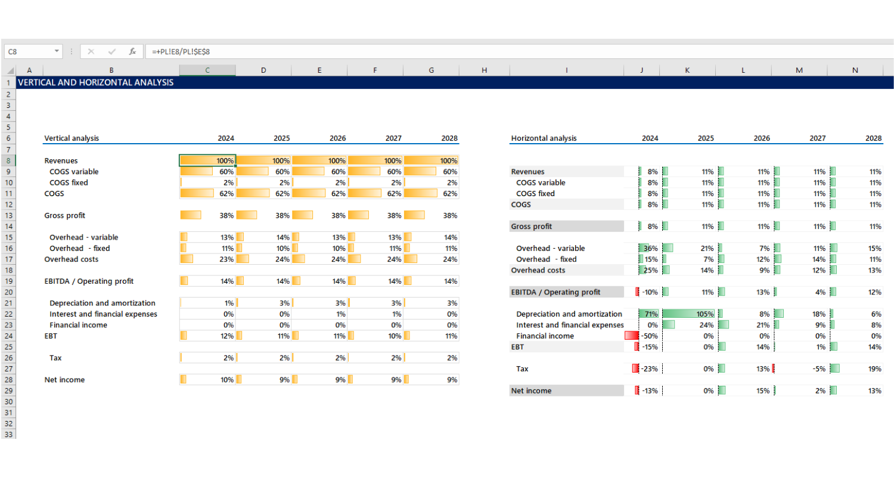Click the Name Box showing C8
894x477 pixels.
click(30, 52)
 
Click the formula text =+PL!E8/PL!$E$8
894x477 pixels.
click(181, 52)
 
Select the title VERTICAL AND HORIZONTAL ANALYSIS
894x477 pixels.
click(96, 83)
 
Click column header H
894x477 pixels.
click(484, 70)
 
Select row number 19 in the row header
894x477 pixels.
click(8, 281)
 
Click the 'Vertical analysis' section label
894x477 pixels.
click(72, 138)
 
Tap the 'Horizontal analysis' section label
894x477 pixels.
click(544, 138)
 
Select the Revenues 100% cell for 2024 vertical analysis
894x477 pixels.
click(208, 160)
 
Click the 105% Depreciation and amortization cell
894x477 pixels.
click(688, 314)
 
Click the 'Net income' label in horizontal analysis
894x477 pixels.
click(531, 391)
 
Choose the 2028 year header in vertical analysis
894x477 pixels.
click(449, 138)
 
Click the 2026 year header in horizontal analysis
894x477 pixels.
click(761, 138)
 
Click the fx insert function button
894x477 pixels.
click(132, 52)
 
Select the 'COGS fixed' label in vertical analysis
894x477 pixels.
click(69, 183)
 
